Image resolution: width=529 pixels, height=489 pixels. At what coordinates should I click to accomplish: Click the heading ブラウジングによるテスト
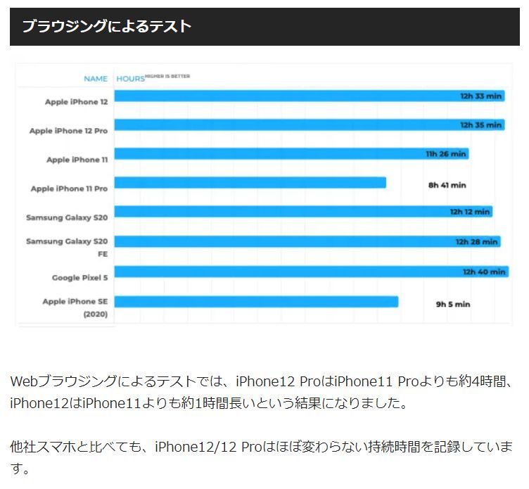point(106,27)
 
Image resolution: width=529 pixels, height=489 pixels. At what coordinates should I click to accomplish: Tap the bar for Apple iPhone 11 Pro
point(250,183)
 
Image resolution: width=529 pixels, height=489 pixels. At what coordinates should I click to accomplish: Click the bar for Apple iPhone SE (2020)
point(256,302)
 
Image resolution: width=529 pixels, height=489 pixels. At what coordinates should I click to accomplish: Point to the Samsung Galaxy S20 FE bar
point(307,241)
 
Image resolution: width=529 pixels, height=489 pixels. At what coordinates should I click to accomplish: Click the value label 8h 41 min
point(447,185)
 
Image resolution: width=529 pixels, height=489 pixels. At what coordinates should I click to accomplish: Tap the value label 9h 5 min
point(452,305)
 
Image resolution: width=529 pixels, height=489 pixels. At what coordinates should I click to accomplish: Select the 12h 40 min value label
point(484,272)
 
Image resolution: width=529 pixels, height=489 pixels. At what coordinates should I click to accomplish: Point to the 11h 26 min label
point(446,154)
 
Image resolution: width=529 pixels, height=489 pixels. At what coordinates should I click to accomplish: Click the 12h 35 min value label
point(481,125)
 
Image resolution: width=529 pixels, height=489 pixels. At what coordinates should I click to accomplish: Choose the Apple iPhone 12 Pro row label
point(68,131)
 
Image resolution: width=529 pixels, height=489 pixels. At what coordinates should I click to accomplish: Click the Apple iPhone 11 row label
point(77,160)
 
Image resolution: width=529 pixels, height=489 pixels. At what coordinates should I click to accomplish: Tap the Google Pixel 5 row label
point(79,278)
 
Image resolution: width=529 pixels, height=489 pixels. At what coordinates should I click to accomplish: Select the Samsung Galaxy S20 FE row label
point(67,247)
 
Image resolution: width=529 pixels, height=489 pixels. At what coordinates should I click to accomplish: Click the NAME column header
point(96,79)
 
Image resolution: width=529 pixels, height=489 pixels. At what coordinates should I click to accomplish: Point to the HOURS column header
point(130,79)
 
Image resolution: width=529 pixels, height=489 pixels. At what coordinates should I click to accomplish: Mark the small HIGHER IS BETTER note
point(167,76)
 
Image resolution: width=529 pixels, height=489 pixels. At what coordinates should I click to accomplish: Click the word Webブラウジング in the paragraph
point(64,382)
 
